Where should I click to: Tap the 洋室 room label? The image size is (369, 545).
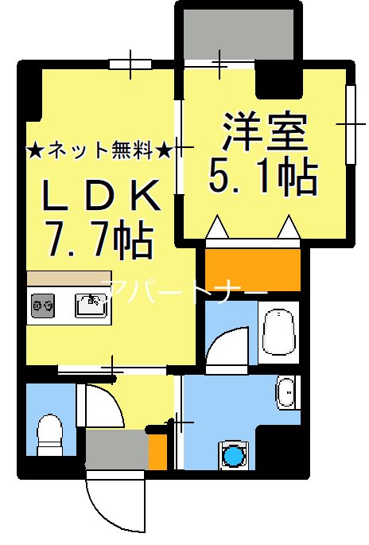[264, 134]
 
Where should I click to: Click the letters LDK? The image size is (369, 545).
[102, 194]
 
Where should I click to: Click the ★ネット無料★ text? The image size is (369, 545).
[99, 149]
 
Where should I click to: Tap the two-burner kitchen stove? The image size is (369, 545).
[43, 305]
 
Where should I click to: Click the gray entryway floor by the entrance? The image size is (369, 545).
[115, 450]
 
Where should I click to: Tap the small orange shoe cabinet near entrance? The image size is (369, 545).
[157, 452]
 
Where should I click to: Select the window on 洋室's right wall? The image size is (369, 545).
[350, 123]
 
